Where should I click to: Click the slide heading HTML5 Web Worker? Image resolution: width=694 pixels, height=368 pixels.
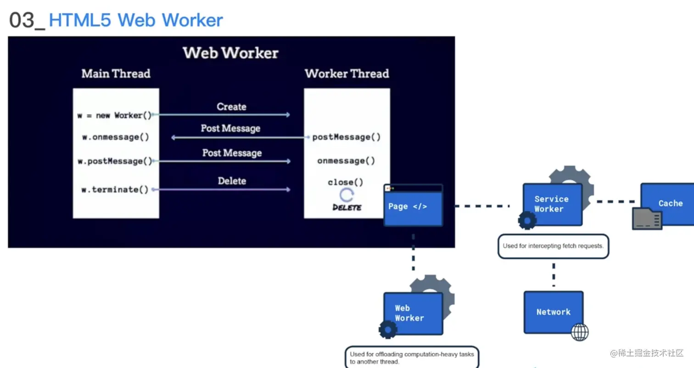coord(135,20)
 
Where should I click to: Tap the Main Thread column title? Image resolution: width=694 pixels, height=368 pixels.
coord(116,74)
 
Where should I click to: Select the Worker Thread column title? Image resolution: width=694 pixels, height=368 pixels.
coord(347,74)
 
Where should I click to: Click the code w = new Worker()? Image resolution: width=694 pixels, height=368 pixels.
coord(114,115)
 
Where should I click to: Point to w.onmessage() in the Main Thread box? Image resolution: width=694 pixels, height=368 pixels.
coord(115,137)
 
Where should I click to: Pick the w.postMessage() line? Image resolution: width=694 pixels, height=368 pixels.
coord(115,161)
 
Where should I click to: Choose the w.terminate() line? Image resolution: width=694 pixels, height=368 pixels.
coord(115,189)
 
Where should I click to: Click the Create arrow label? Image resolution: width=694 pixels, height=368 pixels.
coord(231,107)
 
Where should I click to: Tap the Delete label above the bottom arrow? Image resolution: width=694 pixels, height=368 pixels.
coord(232,181)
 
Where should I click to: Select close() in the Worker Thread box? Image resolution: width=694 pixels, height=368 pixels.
coord(345,182)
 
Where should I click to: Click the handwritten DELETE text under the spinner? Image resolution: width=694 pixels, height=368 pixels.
coord(347,208)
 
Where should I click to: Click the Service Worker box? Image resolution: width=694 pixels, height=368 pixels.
coord(553,204)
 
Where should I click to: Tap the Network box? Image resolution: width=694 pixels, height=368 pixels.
coord(553,312)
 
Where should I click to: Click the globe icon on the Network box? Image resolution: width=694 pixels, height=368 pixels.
coord(579,332)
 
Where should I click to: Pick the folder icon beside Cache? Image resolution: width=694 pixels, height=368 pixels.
coord(647,219)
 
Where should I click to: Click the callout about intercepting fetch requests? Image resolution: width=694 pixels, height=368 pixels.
coord(553,246)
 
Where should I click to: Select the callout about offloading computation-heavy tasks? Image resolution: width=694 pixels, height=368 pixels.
coord(411,358)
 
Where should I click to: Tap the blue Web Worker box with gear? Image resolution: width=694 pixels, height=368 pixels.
coord(413,313)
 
